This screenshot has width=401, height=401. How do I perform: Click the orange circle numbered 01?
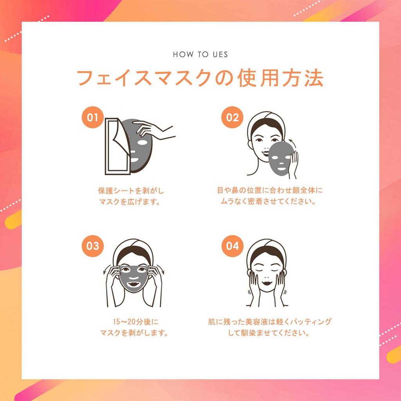coord(93,117)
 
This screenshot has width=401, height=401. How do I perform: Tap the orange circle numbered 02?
coord(233,117)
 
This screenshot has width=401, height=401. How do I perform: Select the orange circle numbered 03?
coord(93,246)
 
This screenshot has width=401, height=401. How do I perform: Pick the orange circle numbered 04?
coord(233,246)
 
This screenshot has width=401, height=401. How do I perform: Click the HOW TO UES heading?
coord(200,54)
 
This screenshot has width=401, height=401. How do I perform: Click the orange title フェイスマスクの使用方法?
coord(200,78)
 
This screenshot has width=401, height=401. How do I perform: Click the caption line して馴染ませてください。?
coord(270,334)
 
